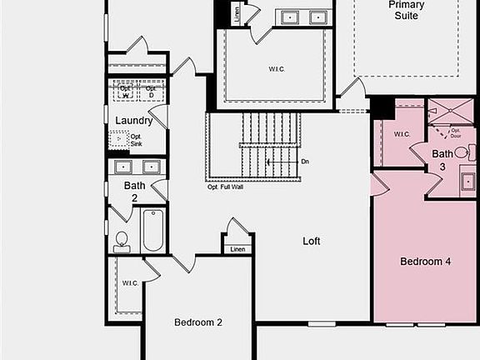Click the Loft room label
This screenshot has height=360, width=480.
click(x=312, y=242)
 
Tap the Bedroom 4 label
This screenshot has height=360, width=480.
click(x=425, y=262)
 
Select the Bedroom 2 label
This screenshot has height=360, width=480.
click(x=197, y=322)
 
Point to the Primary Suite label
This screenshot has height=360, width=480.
click(x=406, y=10)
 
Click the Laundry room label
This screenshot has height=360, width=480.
click(x=133, y=121)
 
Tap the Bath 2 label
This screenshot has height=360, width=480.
click(x=135, y=191)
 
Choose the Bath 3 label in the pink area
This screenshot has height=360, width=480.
click(x=442, y=160)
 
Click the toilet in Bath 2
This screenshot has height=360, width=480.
click(x=122, y=240)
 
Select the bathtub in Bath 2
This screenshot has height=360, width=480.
click(x=153, y=230)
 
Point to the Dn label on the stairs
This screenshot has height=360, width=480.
click(x=305, y=161)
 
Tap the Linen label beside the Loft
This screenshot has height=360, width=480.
click(x=237, y=249)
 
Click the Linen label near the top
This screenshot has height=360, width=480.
click(x=237, y=14)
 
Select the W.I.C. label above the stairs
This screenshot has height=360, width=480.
click(x=276, y=69)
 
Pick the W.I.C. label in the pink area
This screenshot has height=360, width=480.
click(x=401, y=133)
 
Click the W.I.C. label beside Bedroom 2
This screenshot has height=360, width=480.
click(x=130, y=283)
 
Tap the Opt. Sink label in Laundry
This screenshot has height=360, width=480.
click(x=136, y=141)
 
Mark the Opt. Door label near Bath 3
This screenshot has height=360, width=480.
click(x=456, y=133)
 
